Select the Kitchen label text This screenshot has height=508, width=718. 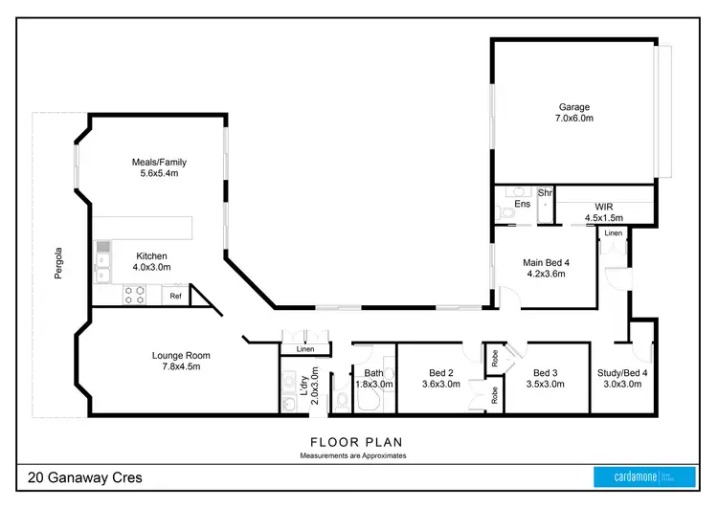pos(151,255)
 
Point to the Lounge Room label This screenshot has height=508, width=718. pos(181,356)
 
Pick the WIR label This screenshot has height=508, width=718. pos(603,206)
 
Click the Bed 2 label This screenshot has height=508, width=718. pos(442,372)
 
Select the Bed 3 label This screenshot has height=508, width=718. pos(545,372)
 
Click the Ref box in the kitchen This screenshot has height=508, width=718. pos(175,297)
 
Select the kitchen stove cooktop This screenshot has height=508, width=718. pos(135,296)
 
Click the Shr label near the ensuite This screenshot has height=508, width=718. pos(545,193)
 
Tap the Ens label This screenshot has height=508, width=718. pos(523,205)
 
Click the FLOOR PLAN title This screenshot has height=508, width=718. pos(356,442)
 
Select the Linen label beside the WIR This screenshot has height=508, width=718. pos(612,232)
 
